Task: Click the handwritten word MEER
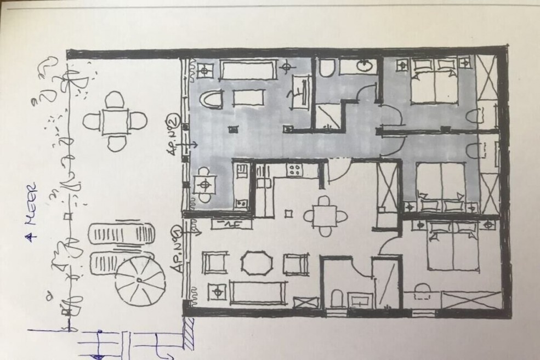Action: tap(32, 204)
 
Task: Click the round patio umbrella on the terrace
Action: tap(140, 281)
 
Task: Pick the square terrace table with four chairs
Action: tap(115, 121)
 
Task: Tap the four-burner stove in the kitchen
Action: tap(294, 170)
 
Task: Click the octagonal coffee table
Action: tap(257, 264)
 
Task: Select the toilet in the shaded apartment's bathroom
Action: tap(326, 67)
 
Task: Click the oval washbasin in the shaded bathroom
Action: tap(363, 66)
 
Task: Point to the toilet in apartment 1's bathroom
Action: tap(337, 299)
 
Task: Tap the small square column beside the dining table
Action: tap(289, 214)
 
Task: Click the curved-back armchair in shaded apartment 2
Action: tap(211, 100)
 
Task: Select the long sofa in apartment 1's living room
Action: tap(258, 293)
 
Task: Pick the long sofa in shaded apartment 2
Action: tap(248, 70)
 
